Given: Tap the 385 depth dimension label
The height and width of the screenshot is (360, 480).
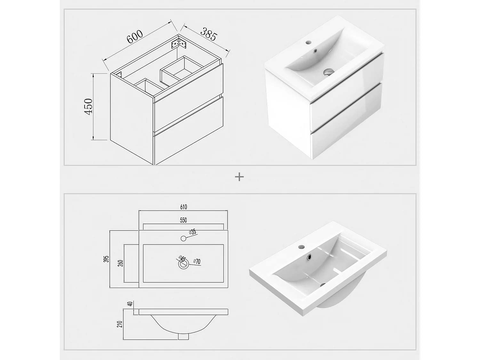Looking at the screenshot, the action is pos(209,34).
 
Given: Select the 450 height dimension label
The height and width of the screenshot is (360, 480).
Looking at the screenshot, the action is pos(89,107).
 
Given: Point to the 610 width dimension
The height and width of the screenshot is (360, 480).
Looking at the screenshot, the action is pos(183,207).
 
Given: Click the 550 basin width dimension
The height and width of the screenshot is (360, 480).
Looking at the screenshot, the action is pos(183,220).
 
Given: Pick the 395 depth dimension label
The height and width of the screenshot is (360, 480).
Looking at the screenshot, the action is pos(106,259).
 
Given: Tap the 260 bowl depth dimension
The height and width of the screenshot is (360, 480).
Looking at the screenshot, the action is pos(121,263).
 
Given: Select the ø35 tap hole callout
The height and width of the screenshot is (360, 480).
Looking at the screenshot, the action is pos(192,232).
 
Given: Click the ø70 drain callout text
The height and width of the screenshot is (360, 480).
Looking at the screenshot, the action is pos(197,261).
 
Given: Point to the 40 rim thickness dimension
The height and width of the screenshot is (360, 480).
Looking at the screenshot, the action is pos(130,304).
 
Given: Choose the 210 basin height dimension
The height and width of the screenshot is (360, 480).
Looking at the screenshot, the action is pos(120,324).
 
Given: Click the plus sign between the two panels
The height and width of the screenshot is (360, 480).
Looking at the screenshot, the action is pos(239,177).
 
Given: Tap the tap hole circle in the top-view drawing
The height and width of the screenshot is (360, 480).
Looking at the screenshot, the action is pos(183,238).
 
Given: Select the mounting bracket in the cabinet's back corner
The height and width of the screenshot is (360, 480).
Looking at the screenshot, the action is pos(179,44).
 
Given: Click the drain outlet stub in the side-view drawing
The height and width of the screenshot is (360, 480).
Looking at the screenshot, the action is pos(183,337).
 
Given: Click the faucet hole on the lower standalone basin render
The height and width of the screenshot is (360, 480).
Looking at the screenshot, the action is pos(301,247).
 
